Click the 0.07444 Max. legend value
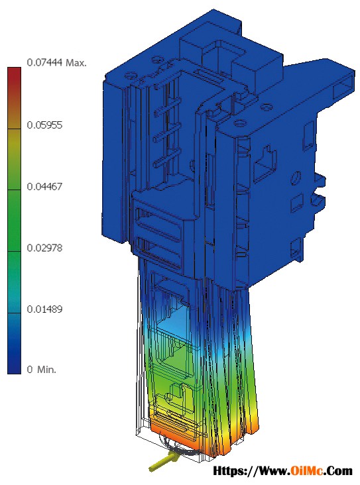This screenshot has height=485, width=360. point(56,63)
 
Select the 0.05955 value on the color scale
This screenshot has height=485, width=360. point(44,125)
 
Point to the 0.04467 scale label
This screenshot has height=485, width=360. point(44,187)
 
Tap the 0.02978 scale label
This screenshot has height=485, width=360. point(44,248)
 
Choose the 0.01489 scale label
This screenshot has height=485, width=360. point(44,309)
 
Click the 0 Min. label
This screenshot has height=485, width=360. point(42,369)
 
